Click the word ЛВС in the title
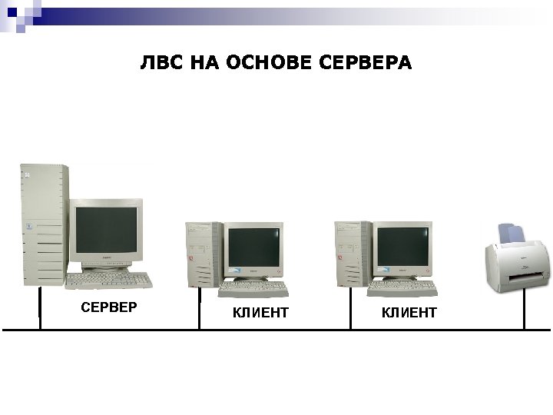coord(161,62)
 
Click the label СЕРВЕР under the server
coord(108,307)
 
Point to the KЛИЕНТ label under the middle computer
coord(260,312)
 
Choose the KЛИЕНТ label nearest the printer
coord(409,312)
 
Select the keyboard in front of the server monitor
coord(108,280)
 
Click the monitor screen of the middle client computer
coord(254,247)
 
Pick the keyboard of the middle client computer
coord(253,289)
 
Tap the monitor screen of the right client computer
coord(403,247)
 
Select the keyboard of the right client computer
coord(402,289)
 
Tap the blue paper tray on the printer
coord(510,231)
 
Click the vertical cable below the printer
coord(524,312)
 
